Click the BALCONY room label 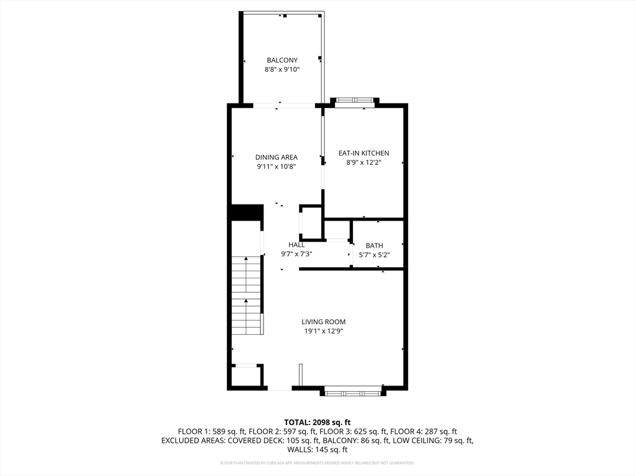click(x=282, y=60)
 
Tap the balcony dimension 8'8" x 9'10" click(x=282, y=70)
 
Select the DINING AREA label click(x=277, y=157)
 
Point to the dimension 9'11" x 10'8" click(x=277, y=167)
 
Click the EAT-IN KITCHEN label click(x=363, y=153)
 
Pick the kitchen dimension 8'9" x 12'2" click(x=363, y=162)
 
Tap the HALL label click(x=296, y=245)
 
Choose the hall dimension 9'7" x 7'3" click(x=296, y=253)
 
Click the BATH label click(x=374, y=246)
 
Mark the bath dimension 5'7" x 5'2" click(x=374, y=255)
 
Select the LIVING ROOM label click(x=323, y=322)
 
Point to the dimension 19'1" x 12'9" click(x=323, y=331)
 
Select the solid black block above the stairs click(x=246, y=212)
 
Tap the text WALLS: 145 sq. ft click(x=317, y=451)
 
